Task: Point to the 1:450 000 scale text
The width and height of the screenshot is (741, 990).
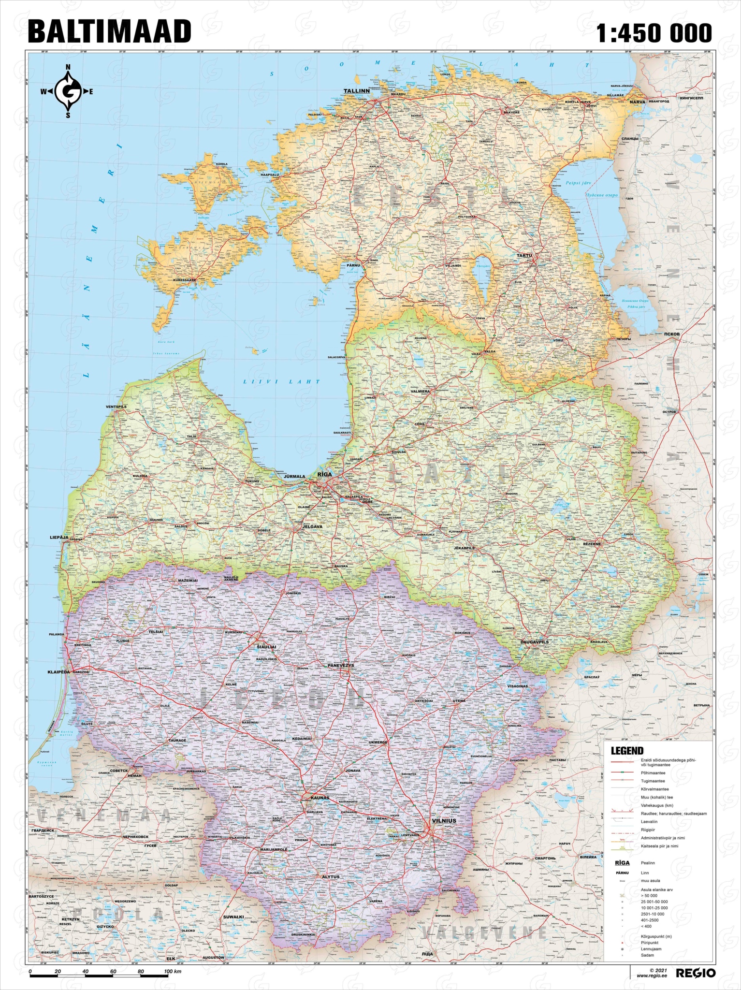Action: [x=654, y=32]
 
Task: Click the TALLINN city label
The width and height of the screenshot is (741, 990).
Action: [x=356, y=90]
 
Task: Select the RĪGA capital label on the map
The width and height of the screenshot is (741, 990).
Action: [x=323, y=475]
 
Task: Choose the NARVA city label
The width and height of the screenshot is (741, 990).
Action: [x=637, y=102]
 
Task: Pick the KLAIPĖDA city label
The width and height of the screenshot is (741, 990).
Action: [x=59, y=672]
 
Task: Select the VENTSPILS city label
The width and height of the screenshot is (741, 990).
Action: [x=116, y=407]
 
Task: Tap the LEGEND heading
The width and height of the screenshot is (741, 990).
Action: [x=627, y=751]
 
